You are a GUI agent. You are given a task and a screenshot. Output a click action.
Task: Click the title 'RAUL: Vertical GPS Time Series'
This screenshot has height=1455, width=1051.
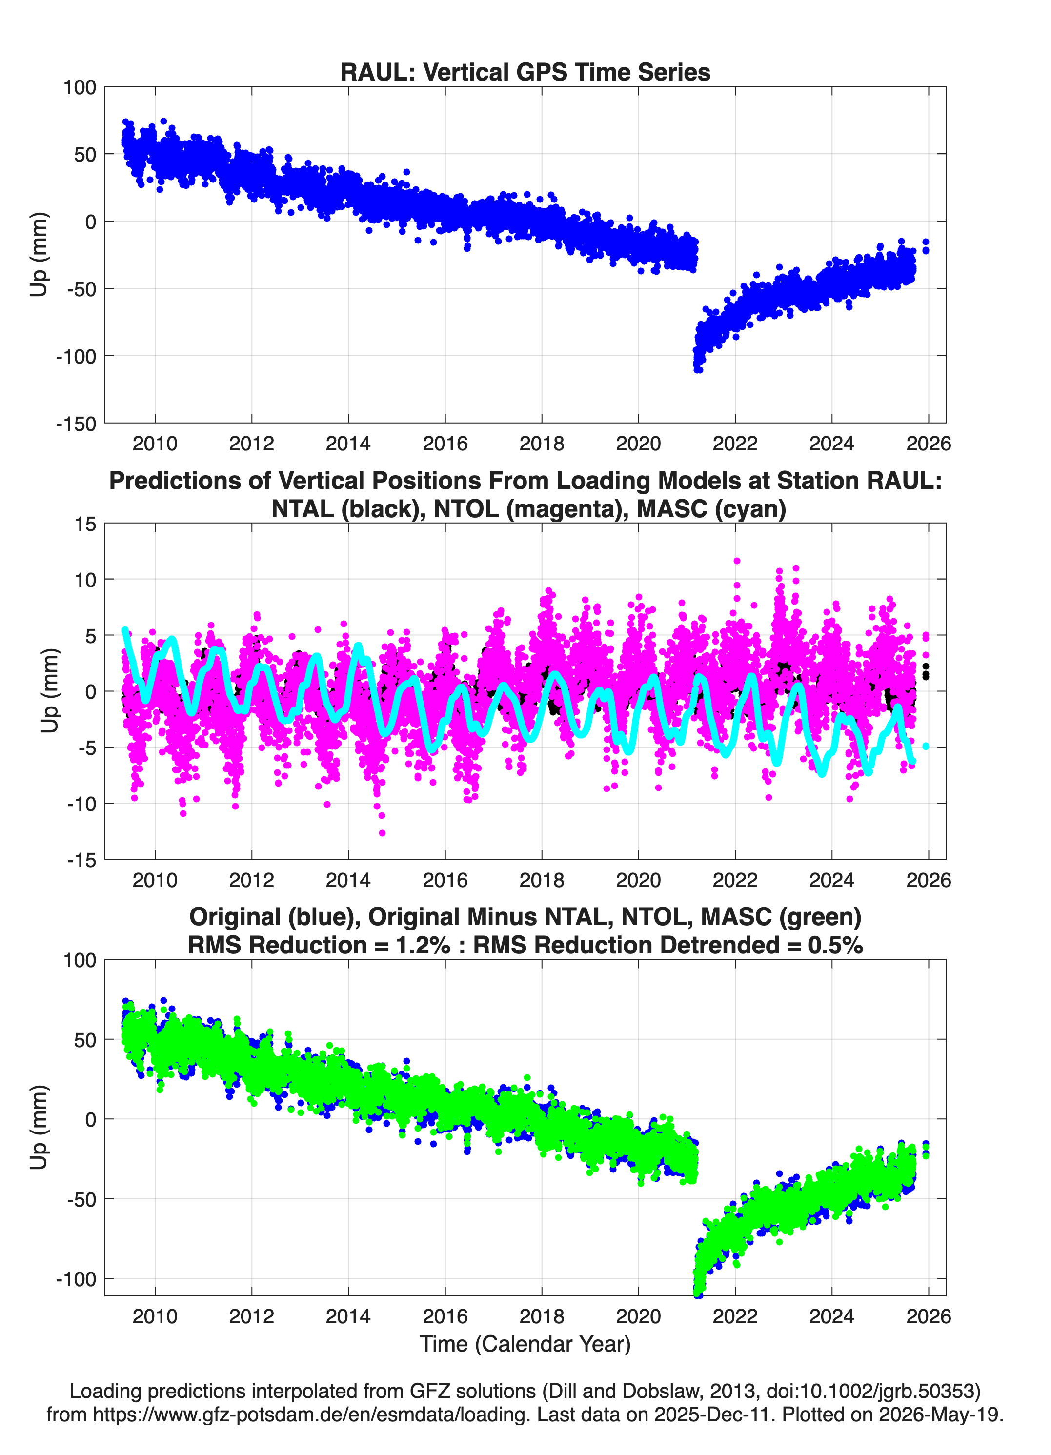(525, 72)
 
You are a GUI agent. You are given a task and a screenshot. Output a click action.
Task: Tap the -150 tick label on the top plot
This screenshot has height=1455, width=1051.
(76, 424)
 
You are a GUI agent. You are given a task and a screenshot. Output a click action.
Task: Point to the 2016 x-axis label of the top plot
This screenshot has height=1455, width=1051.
(445, 444)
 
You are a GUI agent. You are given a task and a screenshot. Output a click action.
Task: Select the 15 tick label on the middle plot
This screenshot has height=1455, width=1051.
(85, 524)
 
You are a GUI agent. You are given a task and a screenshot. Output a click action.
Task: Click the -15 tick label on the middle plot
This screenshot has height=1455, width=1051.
(81, 860)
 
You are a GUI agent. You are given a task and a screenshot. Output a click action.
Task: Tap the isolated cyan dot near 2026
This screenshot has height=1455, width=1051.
(925, 746)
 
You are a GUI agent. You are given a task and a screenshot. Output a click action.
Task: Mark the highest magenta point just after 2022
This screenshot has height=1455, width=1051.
(737, 561)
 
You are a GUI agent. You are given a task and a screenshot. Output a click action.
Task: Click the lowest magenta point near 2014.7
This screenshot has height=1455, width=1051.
(383, 833)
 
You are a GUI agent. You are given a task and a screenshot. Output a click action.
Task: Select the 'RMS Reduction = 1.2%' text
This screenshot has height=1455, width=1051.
(319, 945)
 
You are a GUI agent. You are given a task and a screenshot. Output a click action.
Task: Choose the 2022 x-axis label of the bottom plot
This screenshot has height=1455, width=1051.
(735, 1316)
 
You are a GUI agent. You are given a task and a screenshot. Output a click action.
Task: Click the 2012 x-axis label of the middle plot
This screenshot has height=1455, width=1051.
(251, 880)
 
